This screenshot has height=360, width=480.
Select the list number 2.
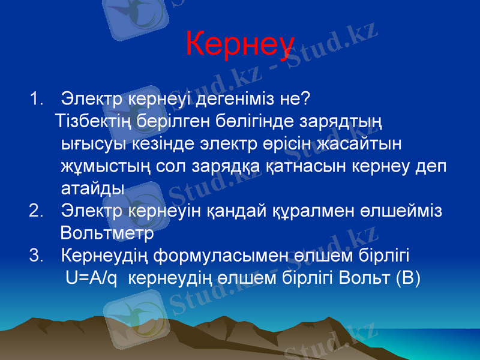coord(35,211)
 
